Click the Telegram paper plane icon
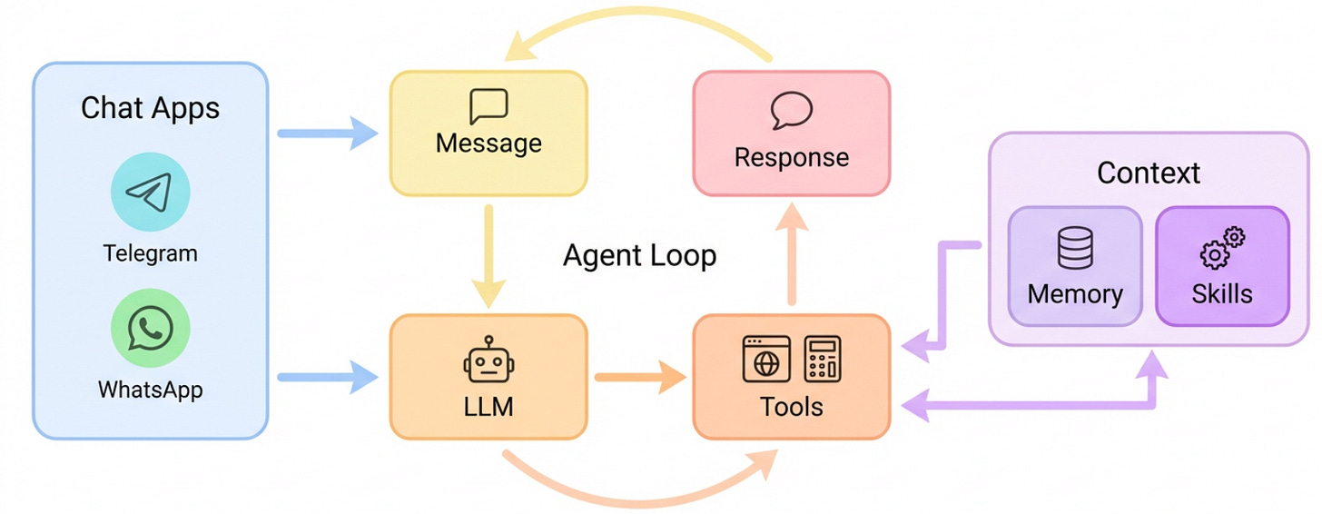150,192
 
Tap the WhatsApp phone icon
150,328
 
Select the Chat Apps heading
150,108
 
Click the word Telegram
150,252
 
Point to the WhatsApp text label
150,390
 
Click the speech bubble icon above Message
488,107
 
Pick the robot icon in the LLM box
488,361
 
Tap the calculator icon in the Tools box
823,359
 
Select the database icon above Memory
1075,248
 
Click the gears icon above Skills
1222,248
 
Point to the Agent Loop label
639,255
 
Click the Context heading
1148,173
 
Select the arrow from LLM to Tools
639,377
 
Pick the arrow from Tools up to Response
791,254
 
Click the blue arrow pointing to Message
327,134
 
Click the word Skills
1222,293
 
